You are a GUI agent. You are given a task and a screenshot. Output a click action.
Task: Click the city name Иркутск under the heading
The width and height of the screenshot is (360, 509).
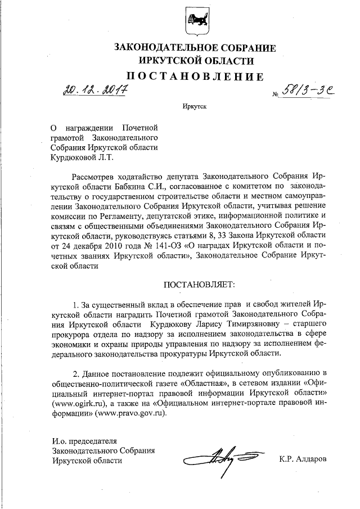(194, 106)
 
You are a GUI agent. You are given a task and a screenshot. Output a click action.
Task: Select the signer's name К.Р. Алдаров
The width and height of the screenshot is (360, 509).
(303, 460)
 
